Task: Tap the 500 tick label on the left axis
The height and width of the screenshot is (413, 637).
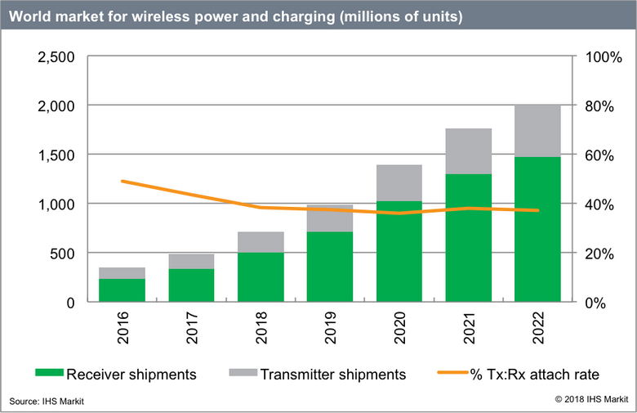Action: [60, 254]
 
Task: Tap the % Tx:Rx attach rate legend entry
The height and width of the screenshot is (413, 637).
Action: [519, 375]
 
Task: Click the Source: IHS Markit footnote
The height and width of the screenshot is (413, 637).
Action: [47, 401]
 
